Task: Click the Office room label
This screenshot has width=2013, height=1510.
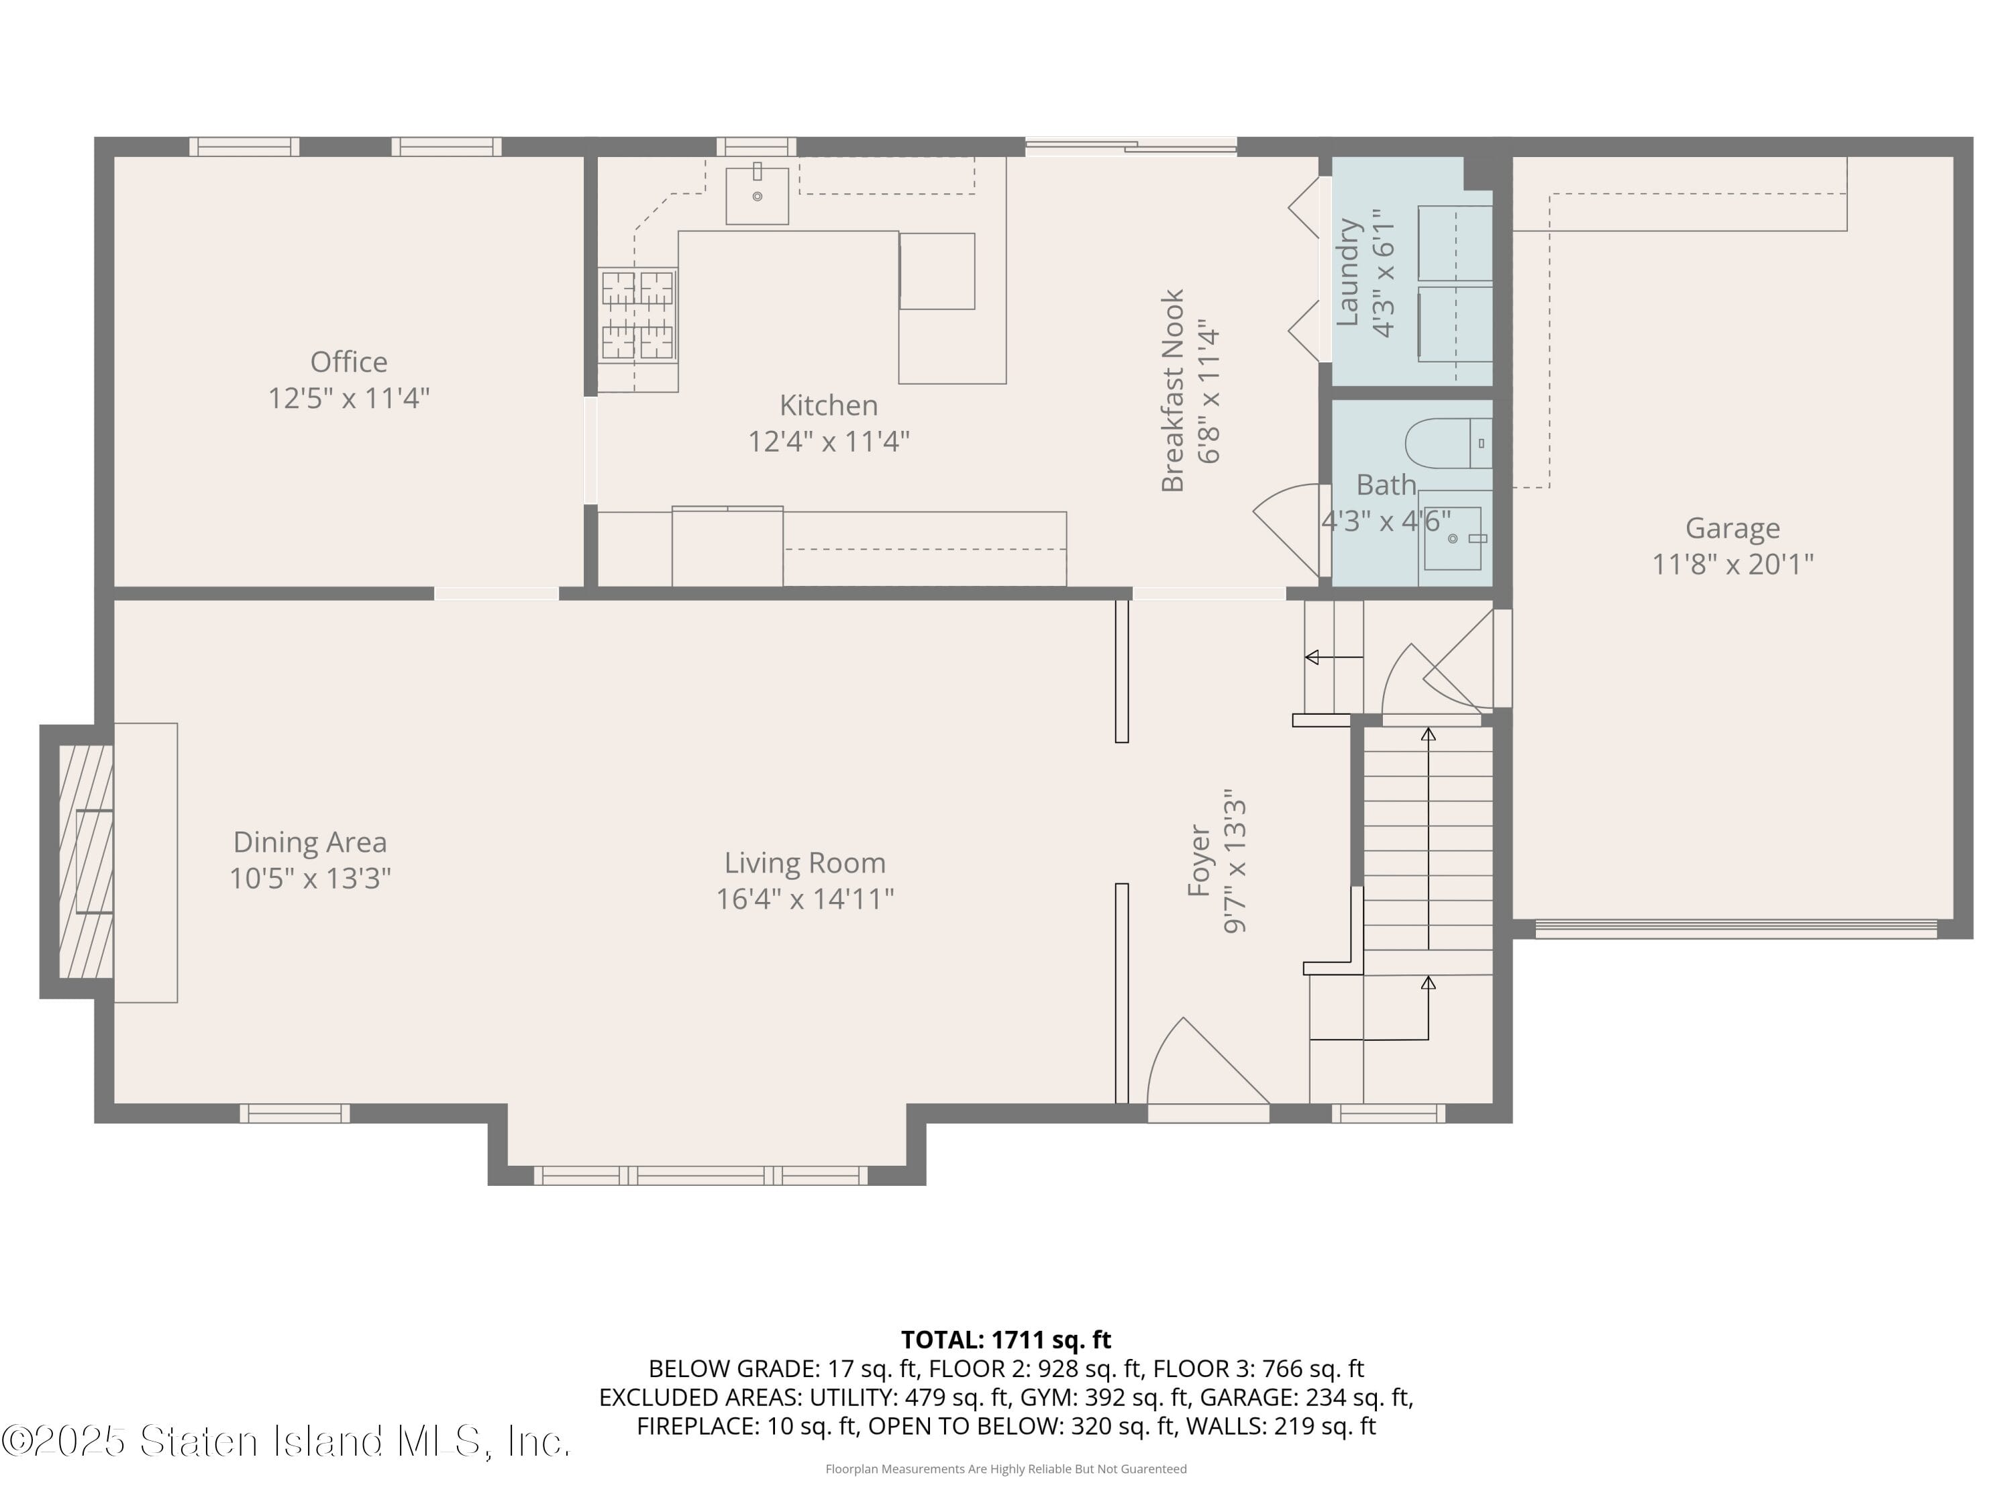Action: coord(348,362)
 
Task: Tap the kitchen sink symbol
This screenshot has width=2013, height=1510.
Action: coord(756,194)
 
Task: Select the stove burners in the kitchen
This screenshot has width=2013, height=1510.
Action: coord(637,314)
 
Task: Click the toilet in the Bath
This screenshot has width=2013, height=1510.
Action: coord(1449,443)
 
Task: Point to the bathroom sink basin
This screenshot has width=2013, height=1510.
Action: coord(1453,539)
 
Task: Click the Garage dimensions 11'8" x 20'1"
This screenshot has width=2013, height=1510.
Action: coord(1732,564)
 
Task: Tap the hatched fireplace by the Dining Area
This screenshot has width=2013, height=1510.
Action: coord(85,861)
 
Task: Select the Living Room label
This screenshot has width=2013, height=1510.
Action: coord(805,863)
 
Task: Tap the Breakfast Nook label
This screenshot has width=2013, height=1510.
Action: coord(1172,391)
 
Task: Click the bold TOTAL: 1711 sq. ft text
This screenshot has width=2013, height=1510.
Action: coord(1006,1340)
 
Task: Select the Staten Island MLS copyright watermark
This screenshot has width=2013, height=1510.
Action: coord(286,1441)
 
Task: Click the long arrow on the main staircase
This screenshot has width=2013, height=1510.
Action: coord(1428,838)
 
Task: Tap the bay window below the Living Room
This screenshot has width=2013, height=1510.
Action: coord(701,1175)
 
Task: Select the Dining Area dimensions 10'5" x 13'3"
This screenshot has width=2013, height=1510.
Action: coord(309,878)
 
